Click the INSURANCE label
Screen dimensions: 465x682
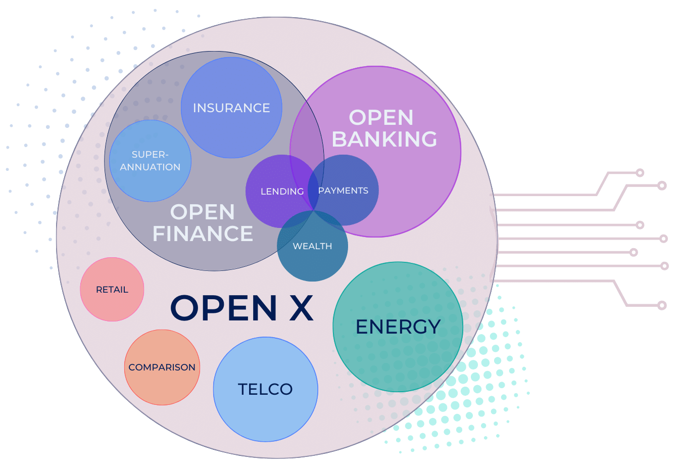(231, 108)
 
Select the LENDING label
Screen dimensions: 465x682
(282, 192)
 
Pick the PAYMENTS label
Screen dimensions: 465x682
(343, 191)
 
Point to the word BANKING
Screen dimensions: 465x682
(384, 139)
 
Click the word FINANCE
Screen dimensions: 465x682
(203, 234)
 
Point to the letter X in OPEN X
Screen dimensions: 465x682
(301, 308)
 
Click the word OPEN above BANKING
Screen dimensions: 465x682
(381, 118)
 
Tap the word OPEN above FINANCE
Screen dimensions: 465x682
(203, 212)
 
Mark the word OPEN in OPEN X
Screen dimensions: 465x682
(224, 308)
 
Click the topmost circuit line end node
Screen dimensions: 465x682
(640, 173)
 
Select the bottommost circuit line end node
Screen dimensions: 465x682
(662, 305)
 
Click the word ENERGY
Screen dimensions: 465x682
(398, 327)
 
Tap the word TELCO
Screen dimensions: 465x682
(265, 389)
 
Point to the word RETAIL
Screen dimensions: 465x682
(112, 290)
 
